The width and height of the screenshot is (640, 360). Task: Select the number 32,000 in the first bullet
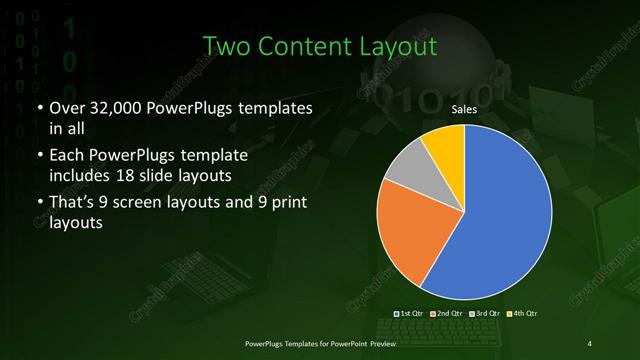point(109,106)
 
